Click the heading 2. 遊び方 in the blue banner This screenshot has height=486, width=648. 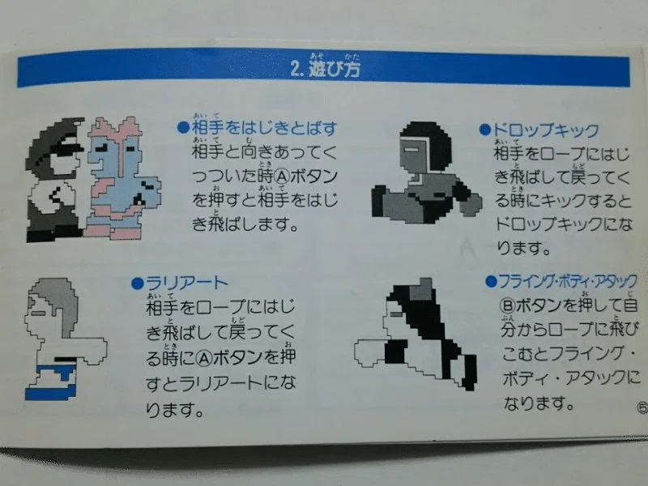point(326,68)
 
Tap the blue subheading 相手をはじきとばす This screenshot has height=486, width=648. point(265,129)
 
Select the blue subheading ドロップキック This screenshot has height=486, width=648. point(545,130)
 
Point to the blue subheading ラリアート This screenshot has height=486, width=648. point(186,283)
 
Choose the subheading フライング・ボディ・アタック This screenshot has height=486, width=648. point(568,281)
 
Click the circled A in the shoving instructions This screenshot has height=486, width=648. point(281,177)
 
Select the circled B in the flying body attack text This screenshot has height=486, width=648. point(507,306)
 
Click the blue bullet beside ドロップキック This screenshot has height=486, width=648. point(484,130)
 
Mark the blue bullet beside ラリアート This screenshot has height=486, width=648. point(137,283)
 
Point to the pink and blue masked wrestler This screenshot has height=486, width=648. point(123,178)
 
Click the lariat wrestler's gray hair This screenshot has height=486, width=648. point(58,302)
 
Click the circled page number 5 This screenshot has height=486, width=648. point(642,408)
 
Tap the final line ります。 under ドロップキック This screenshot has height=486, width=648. point(522,249)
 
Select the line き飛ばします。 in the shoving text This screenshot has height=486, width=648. point(245,225)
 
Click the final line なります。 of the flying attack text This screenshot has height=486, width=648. point(539,403)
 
